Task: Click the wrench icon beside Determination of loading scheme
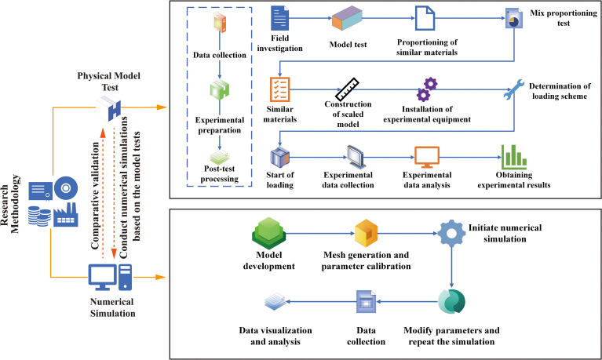coord(513,90)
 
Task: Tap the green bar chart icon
coord(513,157)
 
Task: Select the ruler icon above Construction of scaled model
coord(347,89)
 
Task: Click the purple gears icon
coord(427,89)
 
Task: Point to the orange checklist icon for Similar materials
coord(280,89)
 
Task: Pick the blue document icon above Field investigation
coord(280,18)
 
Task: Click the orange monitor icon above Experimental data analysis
coord(427,157)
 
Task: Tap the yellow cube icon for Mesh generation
coord(366,233)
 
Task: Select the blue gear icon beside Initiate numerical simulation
coord(451,233)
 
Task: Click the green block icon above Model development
coord(268,233)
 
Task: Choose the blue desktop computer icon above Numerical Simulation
coord(110,277)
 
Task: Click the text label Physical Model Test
coord(109,82)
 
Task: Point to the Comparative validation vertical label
coord(95,196)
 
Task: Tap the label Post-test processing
coord(219,173)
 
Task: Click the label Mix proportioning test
coord(564,18)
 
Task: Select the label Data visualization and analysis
coord(275,336)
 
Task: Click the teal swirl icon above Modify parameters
coord(451,302)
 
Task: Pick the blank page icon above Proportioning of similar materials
coord(425,18)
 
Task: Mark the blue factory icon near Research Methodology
coord(66,214)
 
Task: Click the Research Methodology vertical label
coord(9,204)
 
